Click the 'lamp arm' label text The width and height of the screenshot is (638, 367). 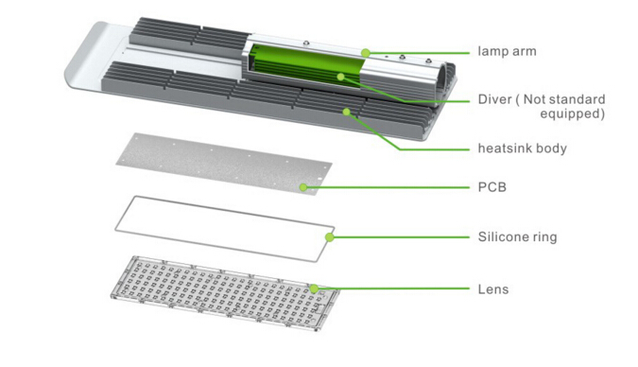(x=507, y=51)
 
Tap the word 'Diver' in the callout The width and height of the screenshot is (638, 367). (x=494, y=99)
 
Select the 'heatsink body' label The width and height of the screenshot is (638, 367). (x=522, y=149)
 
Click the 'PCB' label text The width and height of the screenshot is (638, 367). (x=492, y=187)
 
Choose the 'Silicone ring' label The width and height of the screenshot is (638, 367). (x=517, y=236)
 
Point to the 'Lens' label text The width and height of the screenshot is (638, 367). (x=493, y=289)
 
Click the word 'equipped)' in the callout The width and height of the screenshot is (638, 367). (x=573, y=114)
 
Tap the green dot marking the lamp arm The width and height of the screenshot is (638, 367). (x=366, y=53)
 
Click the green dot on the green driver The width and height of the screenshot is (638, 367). (x=341, y=77)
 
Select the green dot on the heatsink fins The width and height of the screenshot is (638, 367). (x=346, y=112)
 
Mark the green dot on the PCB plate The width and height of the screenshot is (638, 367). (x=303, y=187)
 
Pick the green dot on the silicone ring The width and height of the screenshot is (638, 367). (x=330, y=237)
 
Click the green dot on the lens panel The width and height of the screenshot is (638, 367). (x=314, y=288)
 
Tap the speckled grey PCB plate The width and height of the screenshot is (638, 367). (x=224, y=164)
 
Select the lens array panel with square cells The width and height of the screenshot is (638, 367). (x=225, y=293)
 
